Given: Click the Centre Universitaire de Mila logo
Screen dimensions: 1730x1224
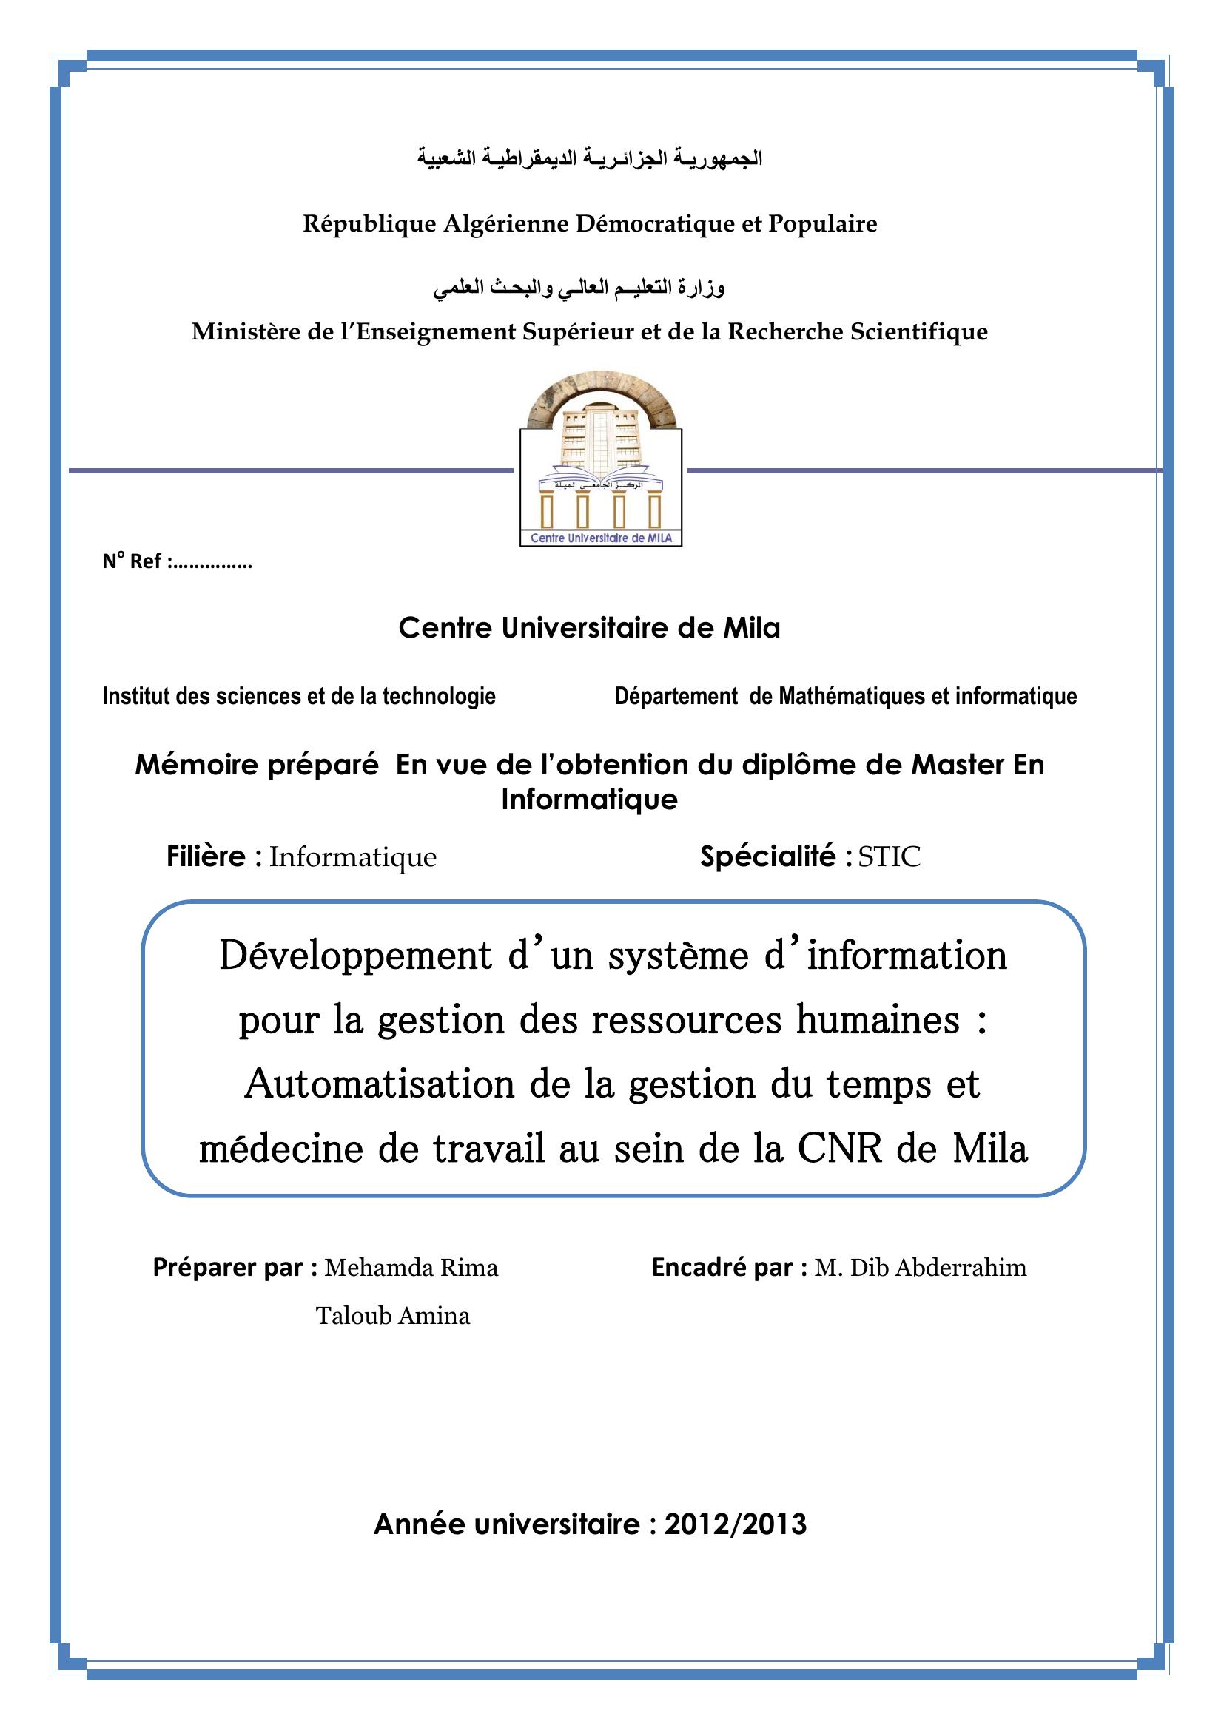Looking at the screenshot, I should pos(601,459).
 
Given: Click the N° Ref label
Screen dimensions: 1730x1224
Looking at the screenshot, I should pos(135,561).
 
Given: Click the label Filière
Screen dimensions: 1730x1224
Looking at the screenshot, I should pos(206,856).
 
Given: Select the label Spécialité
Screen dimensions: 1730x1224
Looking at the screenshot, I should pos(768,856).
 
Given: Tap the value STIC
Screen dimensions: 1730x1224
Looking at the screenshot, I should pos(890,857).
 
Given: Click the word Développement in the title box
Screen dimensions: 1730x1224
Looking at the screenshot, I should pos(355,956).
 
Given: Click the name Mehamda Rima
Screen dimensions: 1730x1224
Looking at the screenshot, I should pos(411,1268).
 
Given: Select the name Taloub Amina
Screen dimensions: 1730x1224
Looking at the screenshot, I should pos(393,1316).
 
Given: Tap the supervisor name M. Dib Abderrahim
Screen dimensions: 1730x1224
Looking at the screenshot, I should pos(921,1268).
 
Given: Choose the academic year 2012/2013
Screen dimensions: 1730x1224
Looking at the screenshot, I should pos(735,1524).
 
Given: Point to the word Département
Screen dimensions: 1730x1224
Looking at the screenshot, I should pos(676,696).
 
